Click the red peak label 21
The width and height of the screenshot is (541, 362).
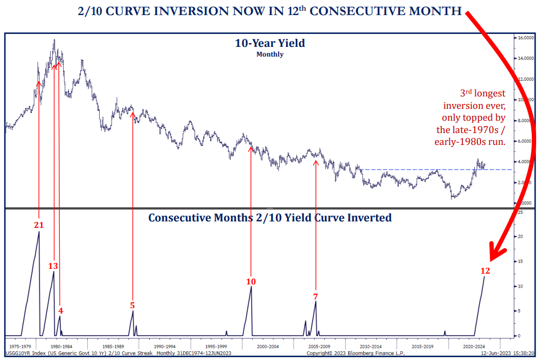(x=38, y=225)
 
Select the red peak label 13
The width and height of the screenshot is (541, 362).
(x=53, y=266)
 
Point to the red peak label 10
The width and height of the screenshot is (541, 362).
(x=251, y=281)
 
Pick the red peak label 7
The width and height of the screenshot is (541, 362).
(x=315, y=296)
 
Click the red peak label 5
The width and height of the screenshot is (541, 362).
(x=132, y=305)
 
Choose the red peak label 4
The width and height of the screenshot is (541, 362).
(x=61, y=310)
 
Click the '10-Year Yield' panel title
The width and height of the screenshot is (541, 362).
(x=269, y=43)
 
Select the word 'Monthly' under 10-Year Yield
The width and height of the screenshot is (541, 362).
(x=270, y=54)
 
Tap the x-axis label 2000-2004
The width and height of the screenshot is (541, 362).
(x=267, y=346)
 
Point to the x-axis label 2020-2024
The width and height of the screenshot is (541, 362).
(x=475, y=346)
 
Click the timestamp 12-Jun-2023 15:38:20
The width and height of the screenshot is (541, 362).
(x=509, y=354)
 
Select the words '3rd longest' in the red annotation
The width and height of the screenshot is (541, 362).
(x=483, y=94)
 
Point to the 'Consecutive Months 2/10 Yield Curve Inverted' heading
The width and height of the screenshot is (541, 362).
(x=269, y=218)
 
